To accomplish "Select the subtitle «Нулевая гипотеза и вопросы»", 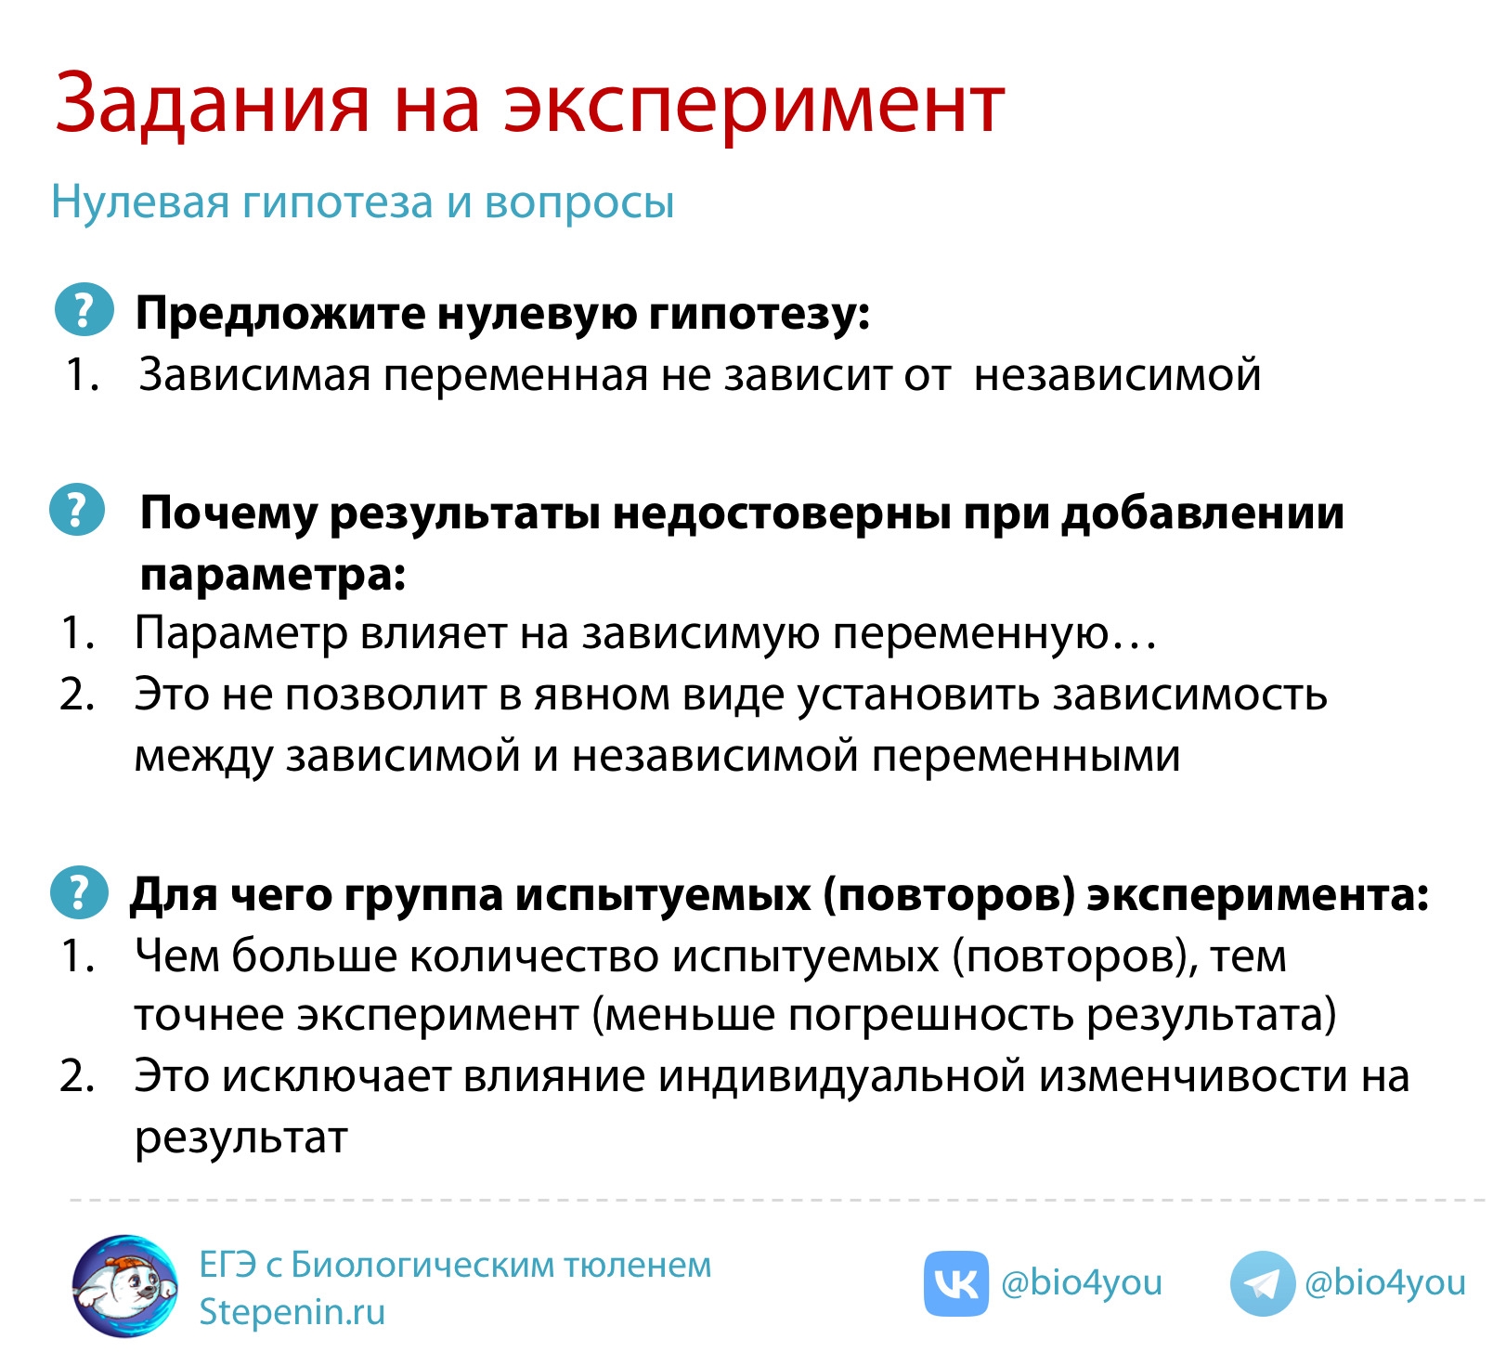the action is [362, 202].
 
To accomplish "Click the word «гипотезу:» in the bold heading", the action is [759, 315].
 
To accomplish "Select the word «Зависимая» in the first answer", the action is [254, 375].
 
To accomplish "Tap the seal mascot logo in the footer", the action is [125, 1286].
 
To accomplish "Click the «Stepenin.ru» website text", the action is [292, 1312].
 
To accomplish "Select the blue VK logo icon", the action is [955, 1283].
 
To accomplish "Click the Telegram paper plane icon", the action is [1262, 1284].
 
